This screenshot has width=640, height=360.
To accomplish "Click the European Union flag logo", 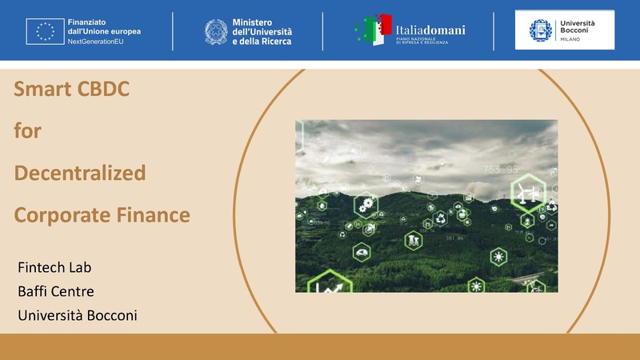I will (42, 30).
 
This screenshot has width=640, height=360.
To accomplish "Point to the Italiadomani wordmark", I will (430, 30).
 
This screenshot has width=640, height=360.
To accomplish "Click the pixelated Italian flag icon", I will (373, 30).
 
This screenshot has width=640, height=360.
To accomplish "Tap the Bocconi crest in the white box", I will (541, 30).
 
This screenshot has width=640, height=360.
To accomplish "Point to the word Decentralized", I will (80, 172).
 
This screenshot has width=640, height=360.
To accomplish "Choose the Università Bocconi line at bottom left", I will (78, 315).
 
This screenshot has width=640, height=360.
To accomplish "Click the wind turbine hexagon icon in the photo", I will (528, 194).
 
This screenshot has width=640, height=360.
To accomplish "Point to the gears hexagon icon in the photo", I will (368, 205).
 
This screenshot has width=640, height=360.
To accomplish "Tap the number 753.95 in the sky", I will (501, 170).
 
